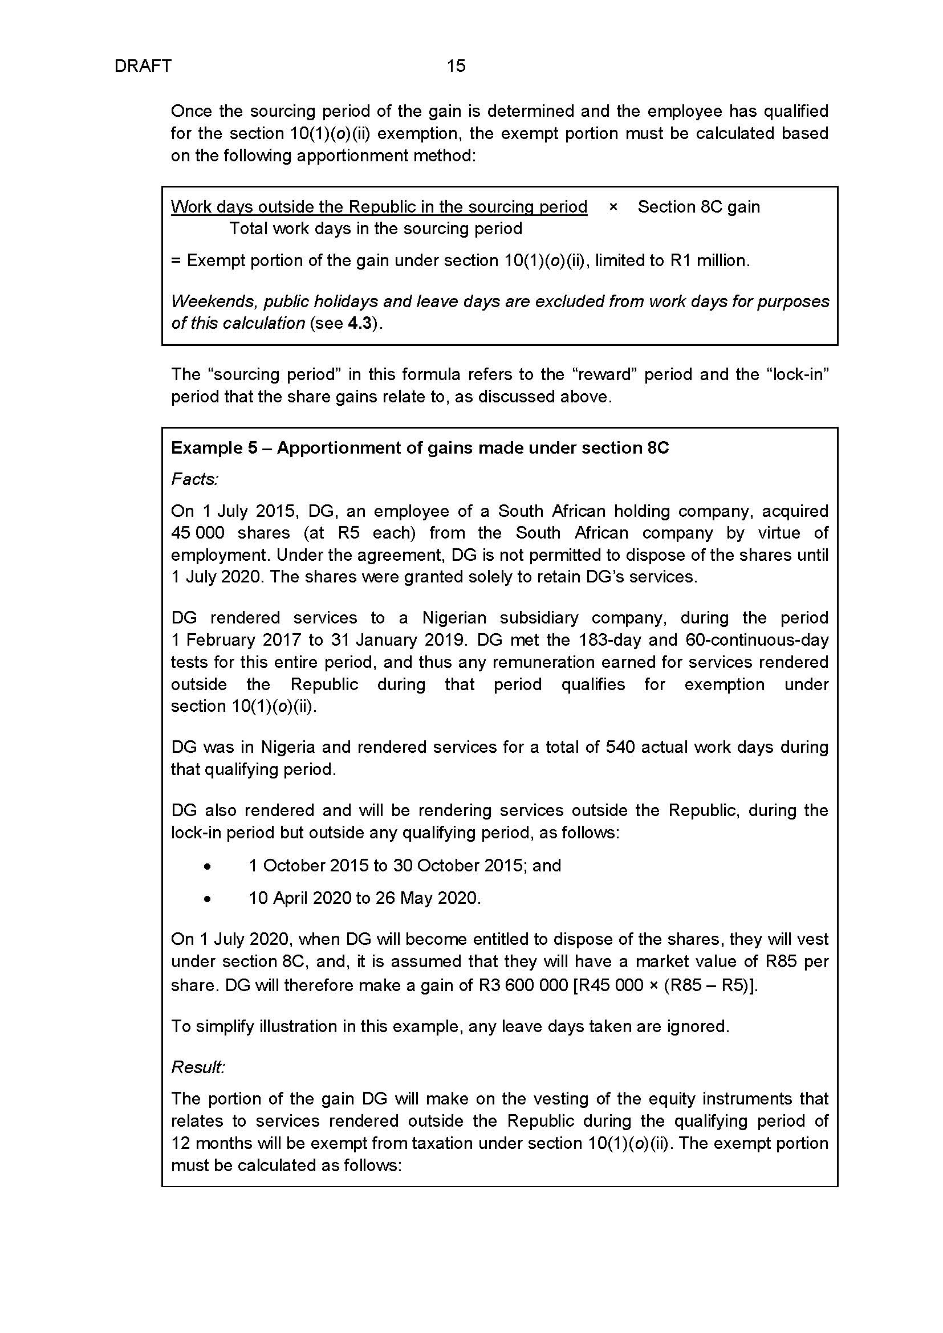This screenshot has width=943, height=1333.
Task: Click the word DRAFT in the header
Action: (x=143, y=66)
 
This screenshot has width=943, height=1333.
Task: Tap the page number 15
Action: (x=456, y=66)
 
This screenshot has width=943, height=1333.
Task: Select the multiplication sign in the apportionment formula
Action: (x=613, y=207)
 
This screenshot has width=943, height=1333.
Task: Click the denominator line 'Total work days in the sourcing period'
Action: (x=376, y=229)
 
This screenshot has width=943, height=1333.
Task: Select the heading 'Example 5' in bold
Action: (x=213, y=447)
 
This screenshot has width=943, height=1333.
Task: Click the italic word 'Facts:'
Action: (x=194, y=479)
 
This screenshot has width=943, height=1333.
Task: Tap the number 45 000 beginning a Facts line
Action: (x=197, y=533)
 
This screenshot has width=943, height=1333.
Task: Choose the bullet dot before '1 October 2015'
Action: (x=208, y=867)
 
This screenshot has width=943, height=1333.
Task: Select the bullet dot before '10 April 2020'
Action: (x=208, y=899)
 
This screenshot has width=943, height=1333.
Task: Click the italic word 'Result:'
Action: (x=198, y=1067)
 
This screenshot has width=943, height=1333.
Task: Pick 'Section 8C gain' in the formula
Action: (x=698, y=207)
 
